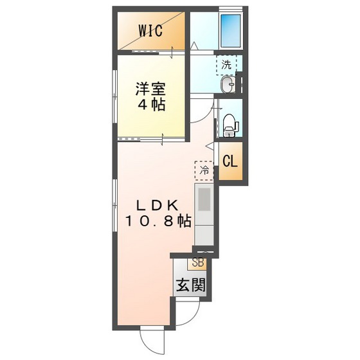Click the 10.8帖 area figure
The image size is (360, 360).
click(157, 222)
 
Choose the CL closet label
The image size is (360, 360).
click(230, 161)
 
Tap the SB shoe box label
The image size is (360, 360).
click(198, 263)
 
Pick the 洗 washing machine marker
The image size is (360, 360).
click(226, 64)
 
